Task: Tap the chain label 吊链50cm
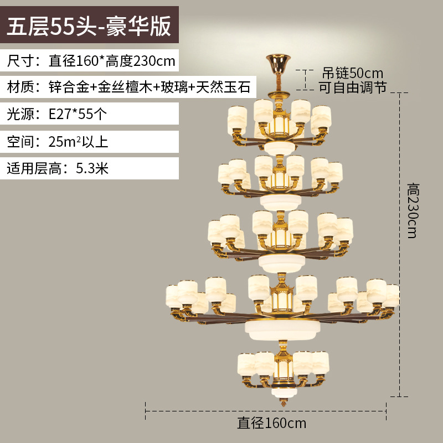[353, 73]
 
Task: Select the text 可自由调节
[353, 87]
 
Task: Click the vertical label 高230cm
[411, 210]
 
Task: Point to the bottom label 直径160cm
[272, 424]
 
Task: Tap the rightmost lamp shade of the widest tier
[392, 296]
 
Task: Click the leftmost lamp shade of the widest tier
[172, 297]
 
